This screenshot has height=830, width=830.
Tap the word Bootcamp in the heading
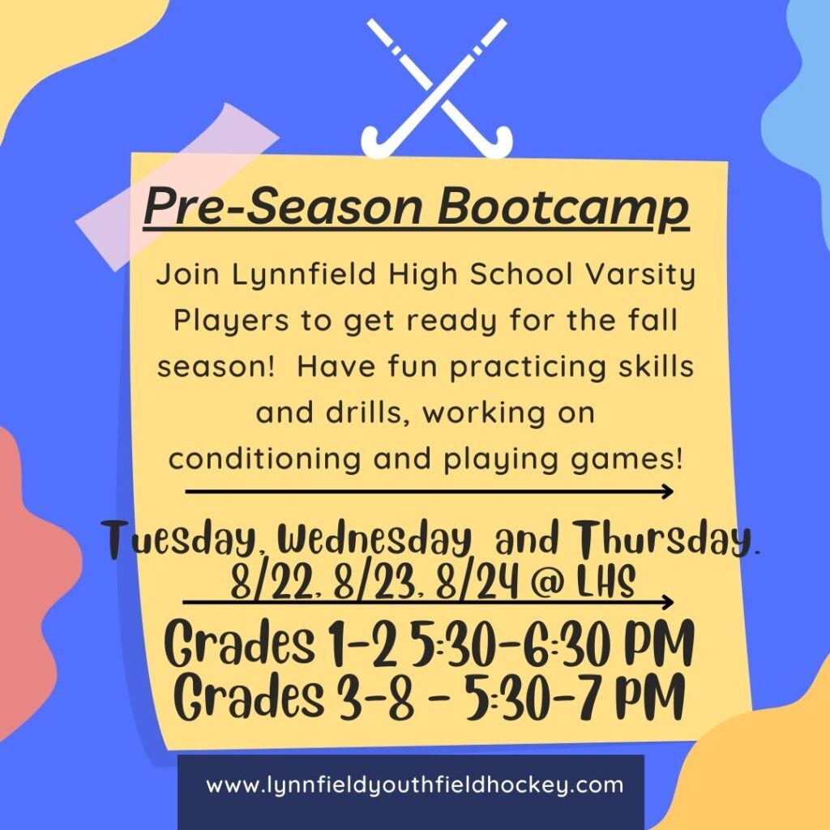[563, 207]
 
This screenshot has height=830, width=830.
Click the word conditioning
[267, 459]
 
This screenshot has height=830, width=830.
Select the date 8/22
[260, 584]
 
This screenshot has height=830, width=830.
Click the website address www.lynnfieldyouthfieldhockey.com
[414, 785]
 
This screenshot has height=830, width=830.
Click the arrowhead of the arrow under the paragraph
[666, 490]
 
